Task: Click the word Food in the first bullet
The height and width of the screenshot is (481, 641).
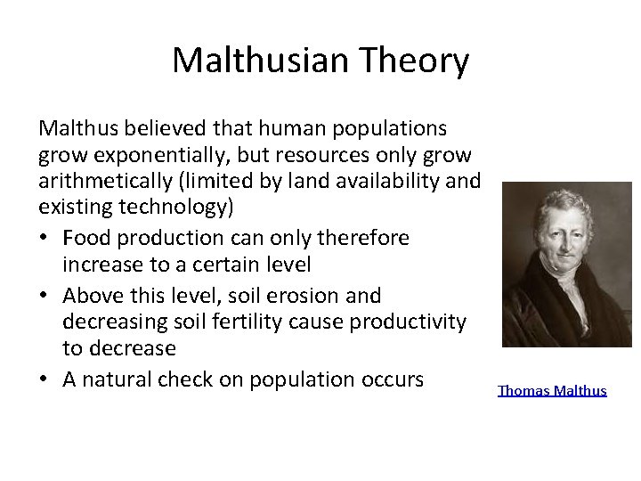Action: tap(85, 238)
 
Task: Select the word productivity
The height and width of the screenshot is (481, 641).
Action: tap(407, 322)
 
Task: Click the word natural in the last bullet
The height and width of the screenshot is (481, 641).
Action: tap(123, 379)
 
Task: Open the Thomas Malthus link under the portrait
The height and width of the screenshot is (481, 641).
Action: tap(552, 390)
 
